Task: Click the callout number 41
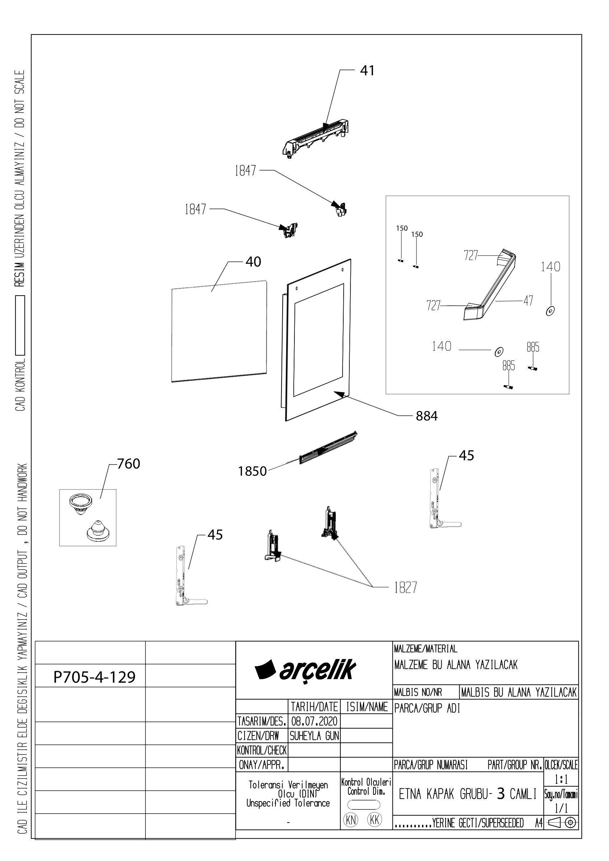click(367, 71)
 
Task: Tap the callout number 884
click(427, 416)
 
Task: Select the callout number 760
click(129, 464)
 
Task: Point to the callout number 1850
click(252, 471)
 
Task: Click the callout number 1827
click(405, 588)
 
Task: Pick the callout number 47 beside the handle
click(528, 300)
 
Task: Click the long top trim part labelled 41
click(315, 139)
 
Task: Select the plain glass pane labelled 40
click(219, 331)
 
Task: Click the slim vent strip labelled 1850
click(328, 447)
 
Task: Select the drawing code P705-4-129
click(94, 677)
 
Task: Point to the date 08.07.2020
click(314, 721)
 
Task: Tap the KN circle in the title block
click(350, 820)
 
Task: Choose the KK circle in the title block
click(375, 820)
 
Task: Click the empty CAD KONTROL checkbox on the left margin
click(20, 325)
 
